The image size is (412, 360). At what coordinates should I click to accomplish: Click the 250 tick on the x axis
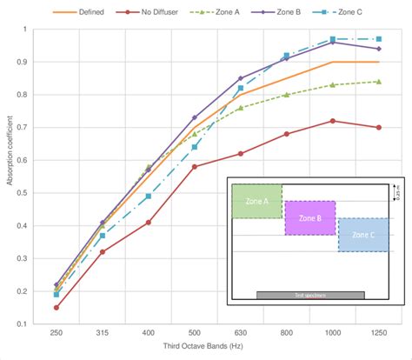pos(56,332)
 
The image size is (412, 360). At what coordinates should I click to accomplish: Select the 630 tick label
pos(241,332)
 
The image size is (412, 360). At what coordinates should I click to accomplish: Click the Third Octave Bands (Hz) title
pos(216,348)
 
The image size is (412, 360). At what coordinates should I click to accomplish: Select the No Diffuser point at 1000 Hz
pos(332,121)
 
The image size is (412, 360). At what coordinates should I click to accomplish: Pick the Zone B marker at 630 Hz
pos(241,78)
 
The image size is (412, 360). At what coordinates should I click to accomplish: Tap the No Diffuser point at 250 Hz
pos(56,307)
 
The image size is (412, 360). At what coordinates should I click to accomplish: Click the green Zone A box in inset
pos(256,201)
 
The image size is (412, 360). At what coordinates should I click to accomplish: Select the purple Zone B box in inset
pos(309,217)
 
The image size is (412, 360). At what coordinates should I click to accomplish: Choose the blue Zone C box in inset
pos(362,235)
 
